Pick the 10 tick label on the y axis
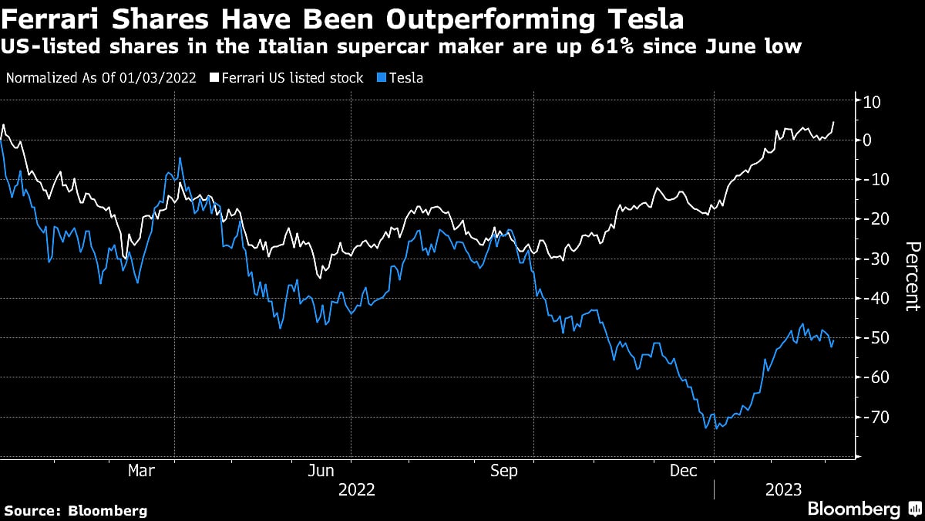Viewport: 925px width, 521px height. (873, 101)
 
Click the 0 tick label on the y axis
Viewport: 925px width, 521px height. (867, 140)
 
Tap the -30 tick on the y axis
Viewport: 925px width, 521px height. (874, 259)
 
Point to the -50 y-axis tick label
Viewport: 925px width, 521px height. (874, 338)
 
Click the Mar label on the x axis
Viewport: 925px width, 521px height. (140, 470)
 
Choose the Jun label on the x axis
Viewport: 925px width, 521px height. (320, 470)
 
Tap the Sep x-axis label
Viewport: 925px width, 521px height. (503, 470)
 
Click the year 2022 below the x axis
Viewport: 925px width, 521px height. (356, 489)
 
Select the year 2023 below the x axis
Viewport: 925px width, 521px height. (782, 489)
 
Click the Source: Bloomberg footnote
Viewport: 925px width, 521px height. (76, 510)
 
